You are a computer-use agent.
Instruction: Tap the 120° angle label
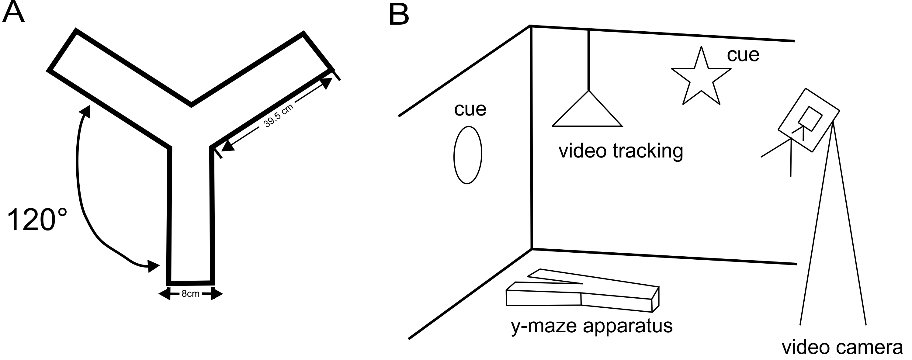tap(37, 220)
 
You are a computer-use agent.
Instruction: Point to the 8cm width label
tap(190, 293)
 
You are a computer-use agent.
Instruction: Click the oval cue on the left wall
tap(468, 155)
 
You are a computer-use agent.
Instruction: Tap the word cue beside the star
tap(743, 55)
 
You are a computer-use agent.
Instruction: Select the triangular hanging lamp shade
tap(587, 109)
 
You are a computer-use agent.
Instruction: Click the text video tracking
tap(621, 151)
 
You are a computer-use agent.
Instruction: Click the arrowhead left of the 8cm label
tap(164, 293)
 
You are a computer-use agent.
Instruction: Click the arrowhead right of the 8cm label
tap(217, 294)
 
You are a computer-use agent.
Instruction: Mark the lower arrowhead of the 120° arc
tap(154, 266)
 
